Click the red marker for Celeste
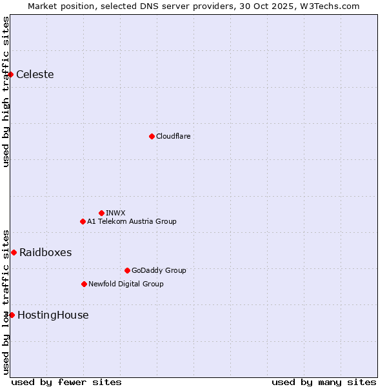[x=11, y=75]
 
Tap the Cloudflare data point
[x=152, y=136]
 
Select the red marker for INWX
[x=101, y=213]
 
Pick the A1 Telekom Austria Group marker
[x=83, y=221]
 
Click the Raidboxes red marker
[x=14, y=252]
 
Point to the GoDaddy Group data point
[x=127, y=270]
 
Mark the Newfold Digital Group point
[x=84, y=284]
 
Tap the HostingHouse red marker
[x=12, y=315]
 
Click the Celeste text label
[x=35, y=75]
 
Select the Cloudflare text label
[x=173, y=136]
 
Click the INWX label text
[x=115, y=213]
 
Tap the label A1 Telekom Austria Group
[x=132, y=221]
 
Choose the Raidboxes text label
[x=45, y=252]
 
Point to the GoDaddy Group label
[x=159, y=270]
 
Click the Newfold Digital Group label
[x=126, y=284]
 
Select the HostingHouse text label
[x=53, y=315]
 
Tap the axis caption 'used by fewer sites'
[x=66, y=382]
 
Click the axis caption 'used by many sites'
[x=324, y=382]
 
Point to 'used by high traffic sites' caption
[x=6, y=92]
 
